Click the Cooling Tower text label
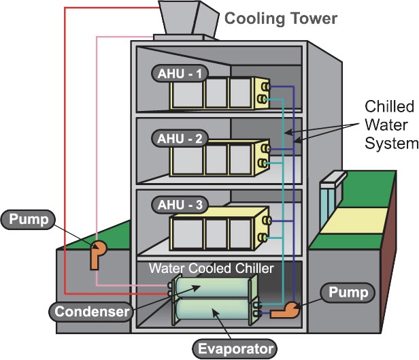pos(281,18)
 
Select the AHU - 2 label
pos(173,138)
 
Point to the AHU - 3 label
pos(173,205)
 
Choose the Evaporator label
pos(235,350)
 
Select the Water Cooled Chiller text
pos(212,268)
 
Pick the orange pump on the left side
pos(96,253)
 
